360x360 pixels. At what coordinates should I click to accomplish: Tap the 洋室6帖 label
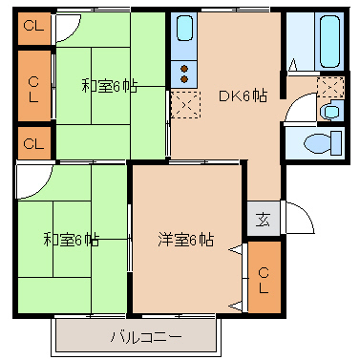[x=185, y=239]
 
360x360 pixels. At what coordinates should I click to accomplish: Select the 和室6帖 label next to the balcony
[x=71, y=239]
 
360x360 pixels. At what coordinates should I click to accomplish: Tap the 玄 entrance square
[x=263, y=219]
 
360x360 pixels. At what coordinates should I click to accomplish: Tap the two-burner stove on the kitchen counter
[x=182, y=73]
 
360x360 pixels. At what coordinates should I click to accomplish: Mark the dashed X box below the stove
[x=183, y=103]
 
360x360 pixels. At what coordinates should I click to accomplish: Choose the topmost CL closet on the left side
[x=32, y=27]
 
